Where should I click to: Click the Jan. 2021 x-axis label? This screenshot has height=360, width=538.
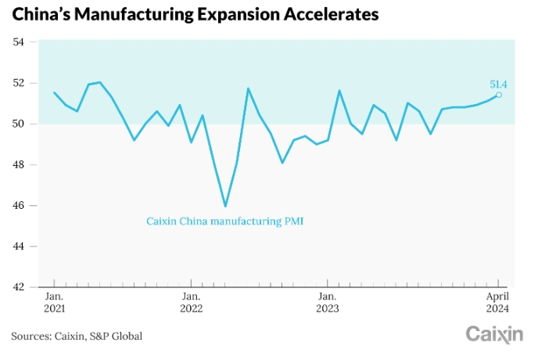tap(54, 303)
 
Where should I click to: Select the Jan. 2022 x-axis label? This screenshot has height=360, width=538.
tap(191, 303)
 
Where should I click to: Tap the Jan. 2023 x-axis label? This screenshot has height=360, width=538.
tap(327, 303)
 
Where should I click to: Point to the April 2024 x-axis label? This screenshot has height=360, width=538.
tap(498, 303)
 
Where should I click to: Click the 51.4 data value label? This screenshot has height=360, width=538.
tap(499, 84)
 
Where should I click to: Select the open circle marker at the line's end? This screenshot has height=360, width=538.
tap(499, 95)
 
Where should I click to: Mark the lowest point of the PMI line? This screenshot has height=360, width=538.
tap(225, 206)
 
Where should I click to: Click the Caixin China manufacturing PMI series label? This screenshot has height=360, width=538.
tap(224, 221)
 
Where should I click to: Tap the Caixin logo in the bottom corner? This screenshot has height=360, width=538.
tap(494, 335)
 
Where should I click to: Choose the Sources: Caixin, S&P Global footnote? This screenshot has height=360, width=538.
tap(77, 336)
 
